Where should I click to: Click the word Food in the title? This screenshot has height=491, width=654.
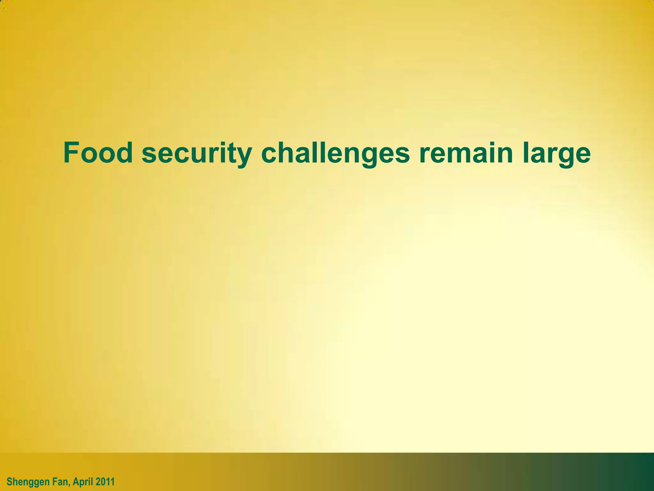click(98, 152)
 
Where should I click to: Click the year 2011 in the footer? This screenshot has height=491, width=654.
click(105, 481)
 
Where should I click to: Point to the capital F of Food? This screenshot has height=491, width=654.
click(71, 152)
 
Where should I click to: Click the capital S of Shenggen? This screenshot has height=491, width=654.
click(9, 481)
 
